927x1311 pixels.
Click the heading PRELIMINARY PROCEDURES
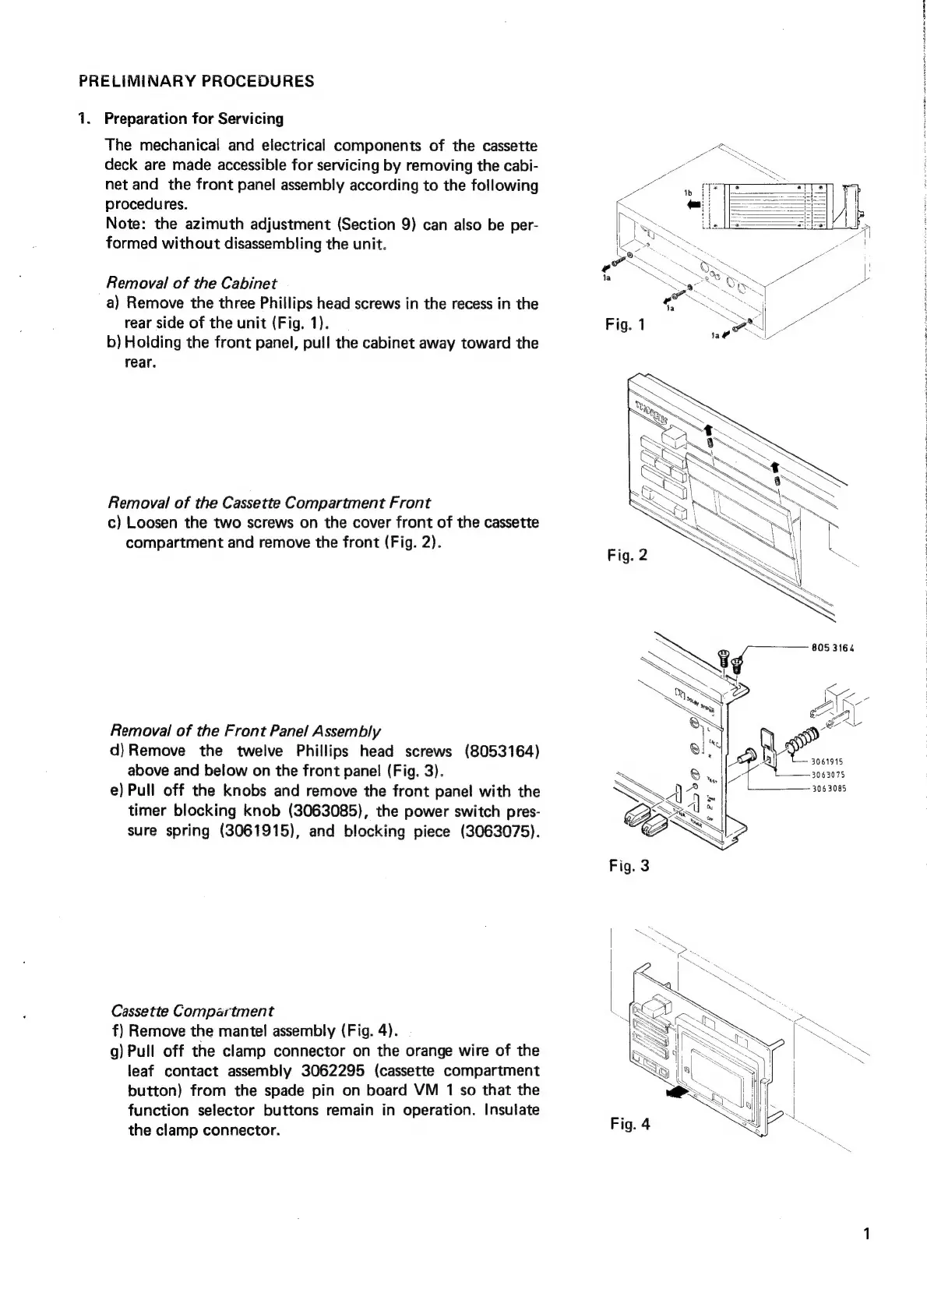pyautogui.click(x=196, y=81)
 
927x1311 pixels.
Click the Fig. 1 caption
pyautogui.click(x=625, y=324)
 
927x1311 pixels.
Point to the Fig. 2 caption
pyautogui.click(x=626, y=556)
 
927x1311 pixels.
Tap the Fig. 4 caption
pyautogui.click(x=630, y=1123)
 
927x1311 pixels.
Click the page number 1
pyautogui.click(x=867, y=1234)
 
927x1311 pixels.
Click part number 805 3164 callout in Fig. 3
pyautogui.click(x=831, y=646)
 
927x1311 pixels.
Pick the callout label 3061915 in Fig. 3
pyautogui.click(x=828, y=762)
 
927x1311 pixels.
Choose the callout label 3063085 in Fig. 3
pyautogui.click(x=828, y=788)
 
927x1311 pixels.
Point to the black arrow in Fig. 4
pyautogui.click(x=675, y=1094)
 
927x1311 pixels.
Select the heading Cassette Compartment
pyautogui.click(x=192, y=1012)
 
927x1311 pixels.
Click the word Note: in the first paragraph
pyautogui.click(x=125, y=224)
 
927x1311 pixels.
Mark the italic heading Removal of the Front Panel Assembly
pyautogui.click(x=246, y=731)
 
